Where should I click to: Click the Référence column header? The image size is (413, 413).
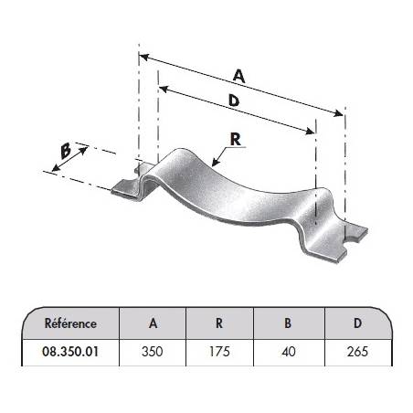70,323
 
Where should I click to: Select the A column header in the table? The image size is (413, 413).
153,323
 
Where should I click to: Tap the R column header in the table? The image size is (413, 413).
219,323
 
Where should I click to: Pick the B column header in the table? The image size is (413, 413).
288,323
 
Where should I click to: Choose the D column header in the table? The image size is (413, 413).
358,323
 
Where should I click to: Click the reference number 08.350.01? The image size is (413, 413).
70,352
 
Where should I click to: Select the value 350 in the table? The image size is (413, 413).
153,352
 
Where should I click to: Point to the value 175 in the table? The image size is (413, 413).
219,352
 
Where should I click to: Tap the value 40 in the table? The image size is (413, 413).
289,352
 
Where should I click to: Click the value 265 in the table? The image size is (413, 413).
357,352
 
